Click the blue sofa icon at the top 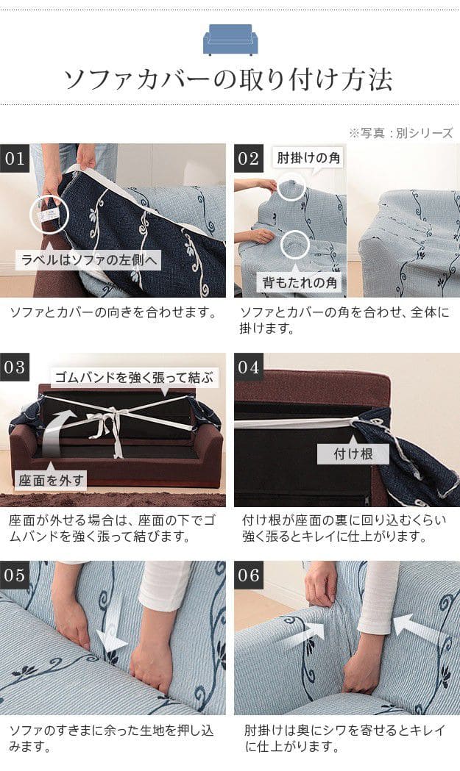[230, 40]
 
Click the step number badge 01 [14, 158]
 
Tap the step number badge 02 [248, 158]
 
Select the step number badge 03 [14, 367]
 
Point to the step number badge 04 [248, 367]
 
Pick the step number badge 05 [14, 575]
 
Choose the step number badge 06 [248, 575]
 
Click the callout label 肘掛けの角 [308, 158]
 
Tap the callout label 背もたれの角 [300, 282]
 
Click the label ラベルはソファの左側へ [90, 259]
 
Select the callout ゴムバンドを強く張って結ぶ [134, 378]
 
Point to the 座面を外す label [51, 480]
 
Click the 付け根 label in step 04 [353, 453]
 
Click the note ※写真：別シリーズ [400, 133]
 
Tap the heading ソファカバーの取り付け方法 [228, 79]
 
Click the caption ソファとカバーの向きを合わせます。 [114, 312]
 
